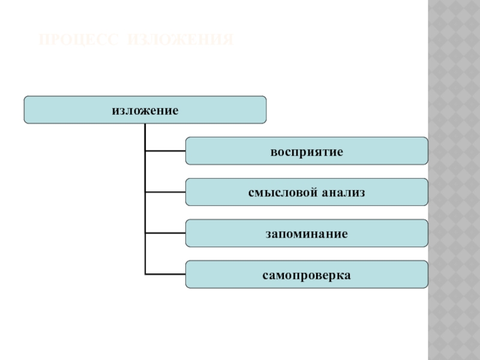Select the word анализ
(x=343, y=192)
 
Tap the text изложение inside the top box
(x=145, y=110)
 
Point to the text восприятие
(x=307, y=151)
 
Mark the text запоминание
(x=307, y=233)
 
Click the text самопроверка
(x=307, y=274)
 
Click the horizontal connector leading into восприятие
(x=165, y=151)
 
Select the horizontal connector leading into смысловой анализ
(x=165, y=192)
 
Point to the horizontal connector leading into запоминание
(x=165, y=233)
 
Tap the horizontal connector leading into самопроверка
(x=165, y=274)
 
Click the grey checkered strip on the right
(x=454, y=180)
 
